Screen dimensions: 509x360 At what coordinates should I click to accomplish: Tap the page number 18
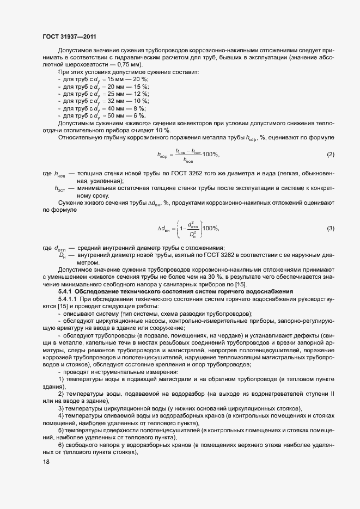pyautogui.click(x=46, y=462)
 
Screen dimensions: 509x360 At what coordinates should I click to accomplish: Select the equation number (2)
pyautogui.click(x=330, y=155)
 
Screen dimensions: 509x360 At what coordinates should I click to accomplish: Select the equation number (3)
pyautogui.click(x=330, y=228)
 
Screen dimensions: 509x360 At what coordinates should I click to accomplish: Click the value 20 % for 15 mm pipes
pyautogui.click(x=135, y=79)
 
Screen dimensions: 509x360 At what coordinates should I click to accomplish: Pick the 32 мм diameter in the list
pyautogui.click(x=111, y=101)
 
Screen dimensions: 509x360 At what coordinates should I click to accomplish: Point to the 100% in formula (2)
pyautogui.click(x=210, y=155)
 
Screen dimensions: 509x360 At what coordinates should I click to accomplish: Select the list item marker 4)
pyautogui.click(x=61, y=416)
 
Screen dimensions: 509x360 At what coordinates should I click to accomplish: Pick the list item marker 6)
pyautogui.click(x=61, y=444)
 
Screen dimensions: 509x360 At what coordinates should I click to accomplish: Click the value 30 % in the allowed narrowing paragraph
pyautogui.click(x=215, y=278)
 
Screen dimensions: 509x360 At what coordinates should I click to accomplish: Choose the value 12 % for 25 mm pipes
pyautogui.click(x=135, y=94)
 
